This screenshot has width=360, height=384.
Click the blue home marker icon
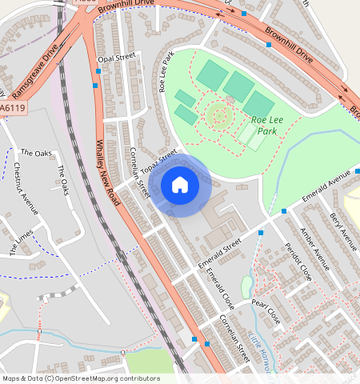pyautogui.click(x=180, y=186)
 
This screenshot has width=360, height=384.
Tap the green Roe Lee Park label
pyautogui.click(x=268, y=126)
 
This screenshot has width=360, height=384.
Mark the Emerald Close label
pyautogui.click(x=220, y=290)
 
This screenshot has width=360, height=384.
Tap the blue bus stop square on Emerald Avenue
pyautogui.click(x=284, y=211)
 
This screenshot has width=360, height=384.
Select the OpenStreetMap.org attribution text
pyautogui.click(x=118, y=378)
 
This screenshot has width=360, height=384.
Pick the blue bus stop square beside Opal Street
pyautogui.click(x=96, y=83)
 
